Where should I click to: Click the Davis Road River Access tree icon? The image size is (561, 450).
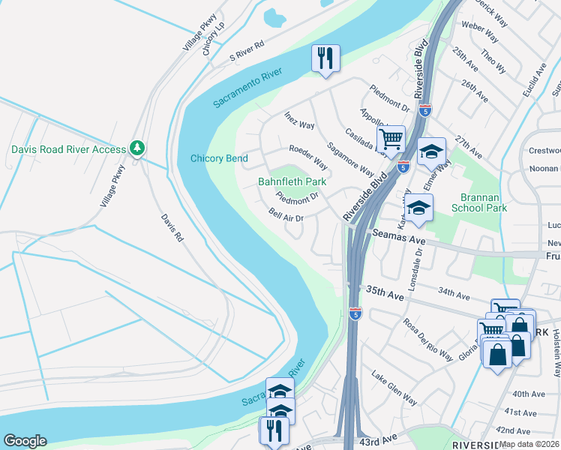(136, 148)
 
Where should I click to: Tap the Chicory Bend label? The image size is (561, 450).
(219, 158)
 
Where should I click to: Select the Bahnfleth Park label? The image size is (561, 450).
(292, 181)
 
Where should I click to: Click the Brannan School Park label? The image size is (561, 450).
(480, 202)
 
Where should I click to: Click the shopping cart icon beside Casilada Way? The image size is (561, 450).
(391, 139)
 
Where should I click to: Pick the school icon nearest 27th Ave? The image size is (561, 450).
(431, 151)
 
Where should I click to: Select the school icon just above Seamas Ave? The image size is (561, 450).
(419, 207)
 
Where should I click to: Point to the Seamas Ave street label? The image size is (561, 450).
(399, 236)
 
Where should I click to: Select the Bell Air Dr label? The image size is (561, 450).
(286, 214)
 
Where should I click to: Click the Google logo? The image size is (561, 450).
(25, 441)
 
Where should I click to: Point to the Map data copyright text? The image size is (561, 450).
(529, 445)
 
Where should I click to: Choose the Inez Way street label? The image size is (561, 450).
(299, 120)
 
